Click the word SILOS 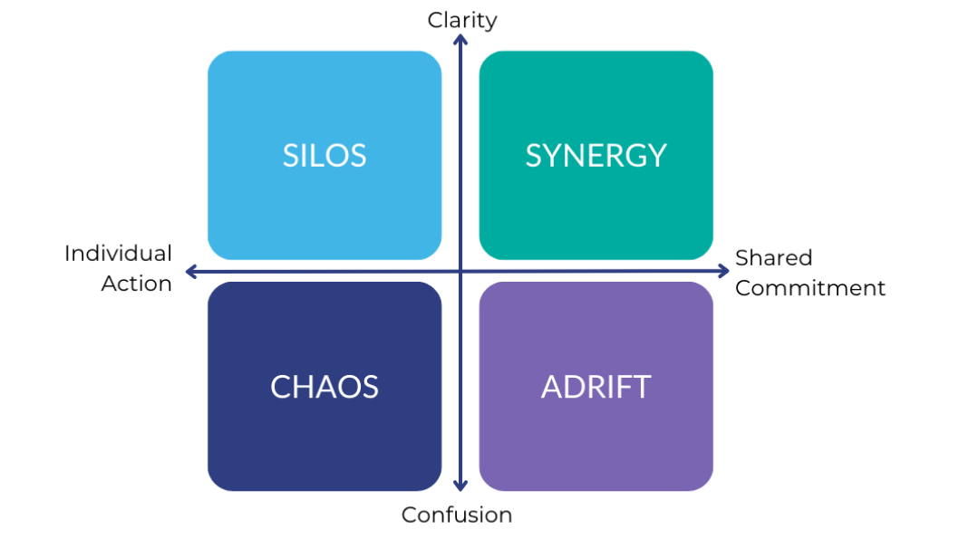tap(325, 156)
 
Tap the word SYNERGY tap(596, 156)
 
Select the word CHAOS tap(325, 387)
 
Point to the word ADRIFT tap(596, 387)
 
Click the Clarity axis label tap(461, 20)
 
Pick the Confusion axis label tap(456, 515)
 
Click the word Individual tap(118, 254)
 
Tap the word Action tap(136, 284)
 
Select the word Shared tap(774, 258)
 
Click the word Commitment tap(810, 288)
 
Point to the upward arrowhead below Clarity tap(460, 40)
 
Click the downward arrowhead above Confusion tap(460, 486)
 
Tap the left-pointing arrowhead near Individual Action tap(191, 272)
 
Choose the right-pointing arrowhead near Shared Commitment tap(723, 272)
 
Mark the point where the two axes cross tap(460, 272)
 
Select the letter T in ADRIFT tap(642, 387)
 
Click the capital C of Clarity tap(435, 20)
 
